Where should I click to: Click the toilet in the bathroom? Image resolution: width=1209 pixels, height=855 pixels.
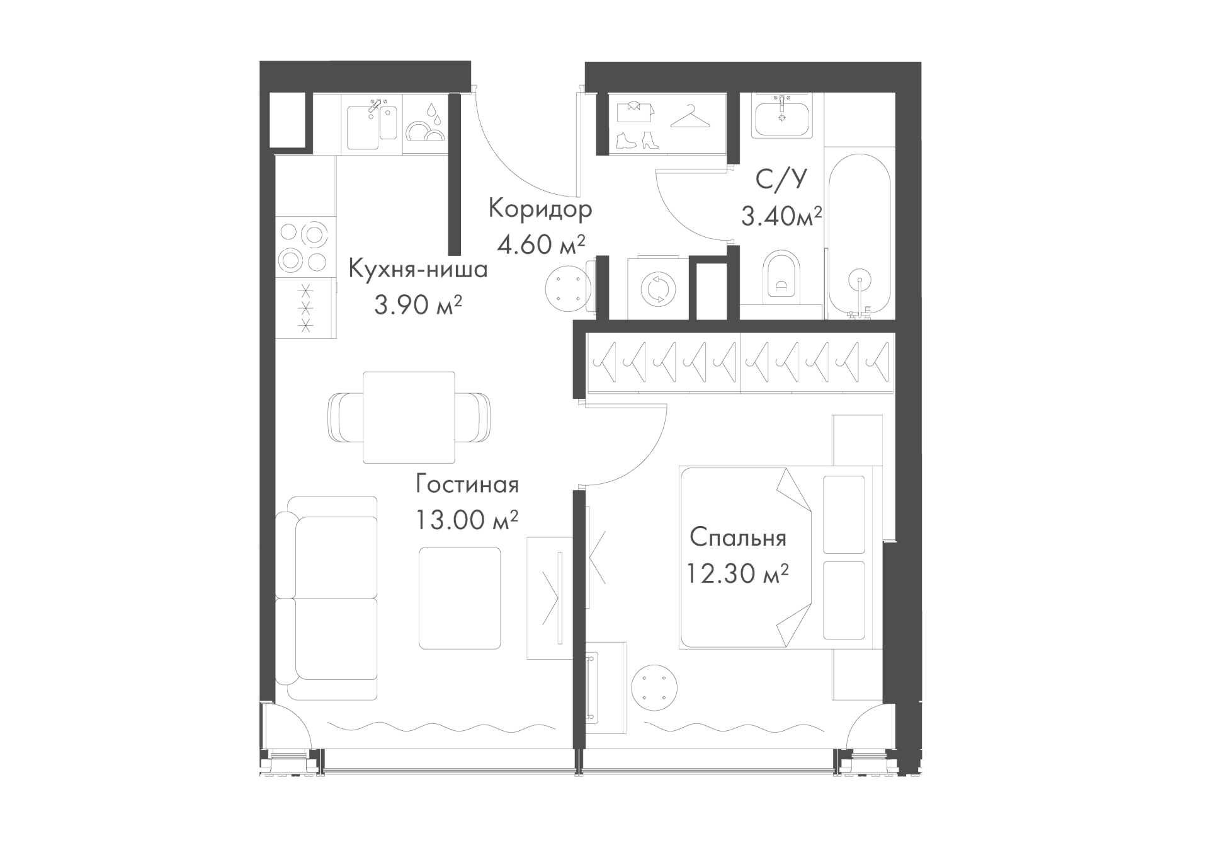(x=781, y=277)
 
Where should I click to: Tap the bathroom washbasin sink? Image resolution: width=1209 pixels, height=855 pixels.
(x=782, y=115)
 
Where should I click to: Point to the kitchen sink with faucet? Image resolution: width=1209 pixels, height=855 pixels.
(x=372, y=123)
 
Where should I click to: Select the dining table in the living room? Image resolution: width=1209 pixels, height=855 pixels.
(x=409, y=417)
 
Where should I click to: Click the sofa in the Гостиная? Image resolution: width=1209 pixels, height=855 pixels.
(x=326, y=597)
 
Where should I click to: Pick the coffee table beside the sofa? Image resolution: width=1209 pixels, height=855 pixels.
(x=460, y=598)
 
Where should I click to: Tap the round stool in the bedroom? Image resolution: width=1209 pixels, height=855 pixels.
(x=654, y=684)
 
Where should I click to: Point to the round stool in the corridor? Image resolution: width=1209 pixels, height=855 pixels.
(x=567, y=287)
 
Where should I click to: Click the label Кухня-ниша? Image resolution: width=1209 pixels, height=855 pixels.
(x=418, y=270)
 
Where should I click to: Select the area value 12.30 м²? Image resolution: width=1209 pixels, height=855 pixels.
(x=737, y=573)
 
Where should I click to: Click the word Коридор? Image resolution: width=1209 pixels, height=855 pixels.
(x=540, y=209)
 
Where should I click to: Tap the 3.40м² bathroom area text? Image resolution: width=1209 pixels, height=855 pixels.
(x=781, y=217)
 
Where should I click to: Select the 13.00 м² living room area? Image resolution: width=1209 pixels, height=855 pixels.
(x=467, y=520)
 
